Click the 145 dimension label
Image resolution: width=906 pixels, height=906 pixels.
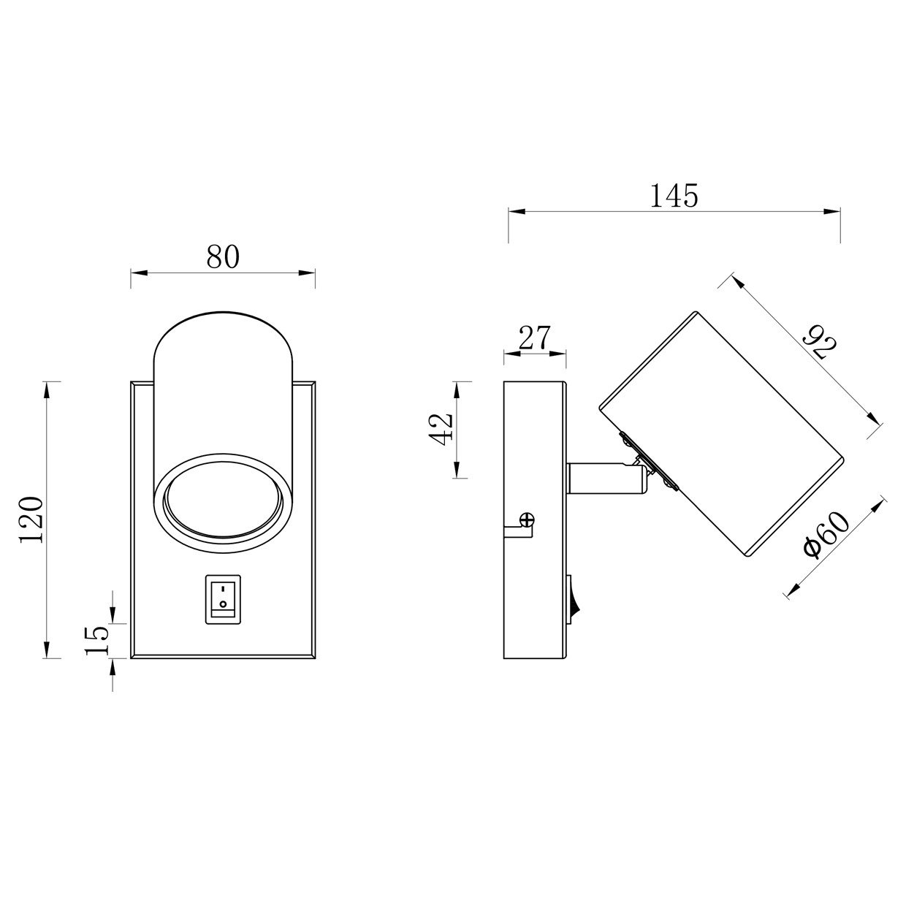click(674, 196)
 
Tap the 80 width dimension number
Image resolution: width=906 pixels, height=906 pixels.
click(223, 256)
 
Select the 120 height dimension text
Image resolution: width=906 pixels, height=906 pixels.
click(32, 519)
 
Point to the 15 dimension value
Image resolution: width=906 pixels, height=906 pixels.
click(97, 640)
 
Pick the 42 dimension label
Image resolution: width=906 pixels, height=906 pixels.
click(441, 429)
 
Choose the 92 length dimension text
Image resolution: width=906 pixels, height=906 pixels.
click(820, 343)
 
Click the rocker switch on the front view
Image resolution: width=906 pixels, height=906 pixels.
click(223, 599)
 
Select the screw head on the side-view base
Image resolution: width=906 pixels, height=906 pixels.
click(527, 520)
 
